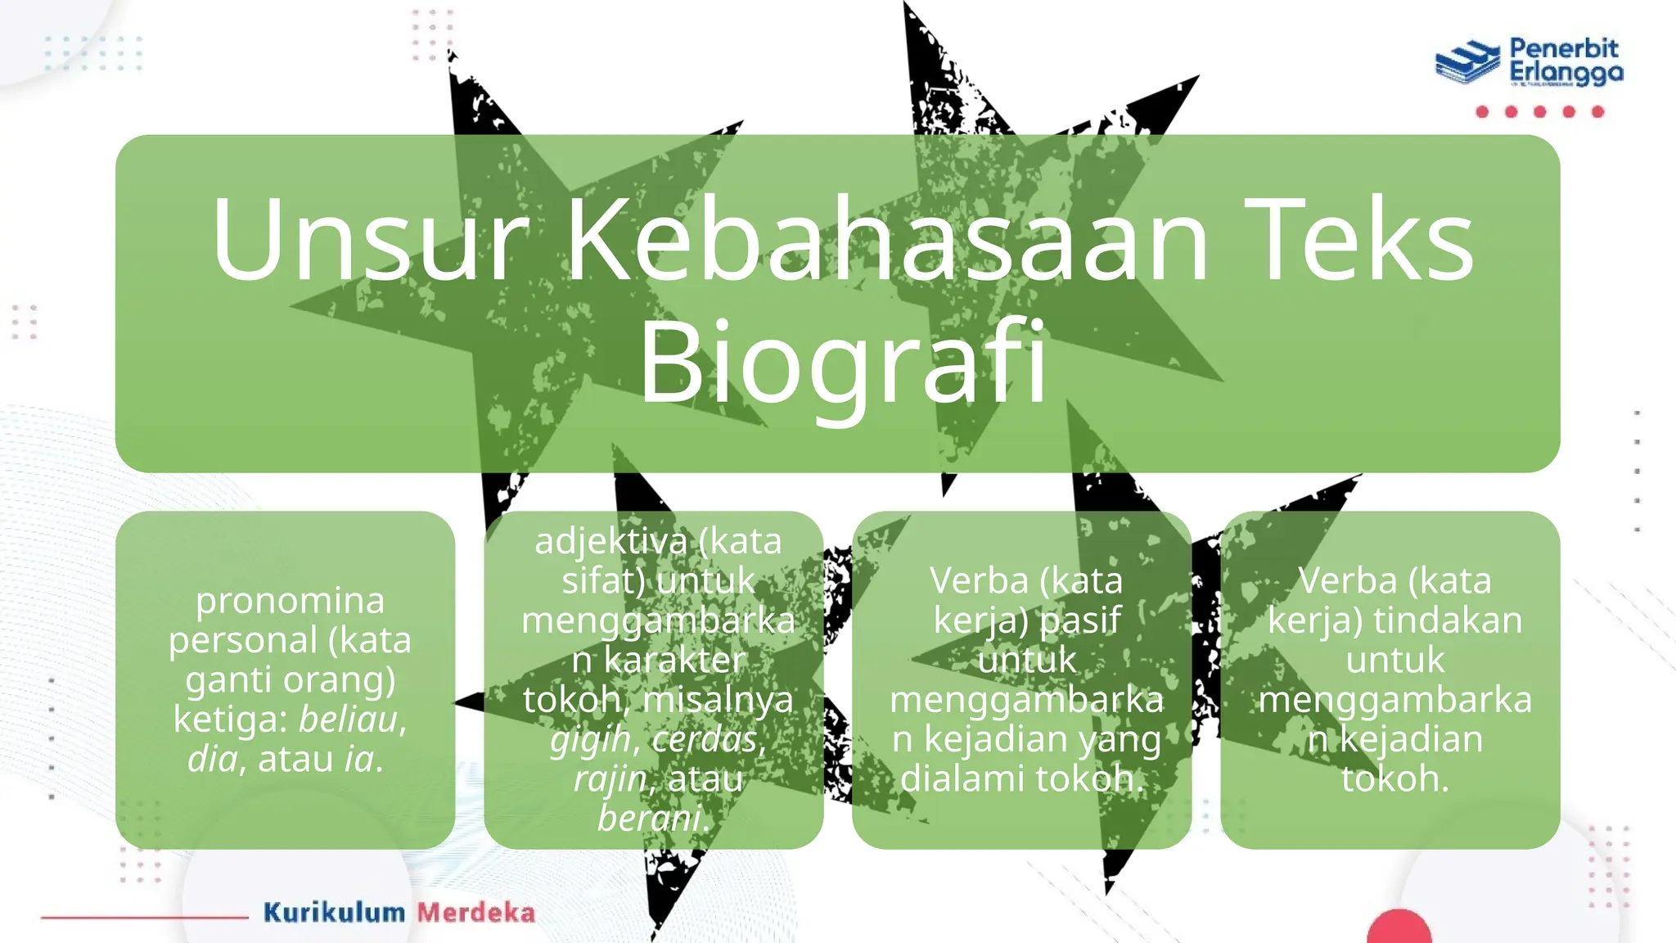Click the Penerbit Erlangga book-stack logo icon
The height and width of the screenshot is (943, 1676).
click(x=1467, y=61)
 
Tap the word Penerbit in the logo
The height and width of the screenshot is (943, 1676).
click(x=1564, y=48)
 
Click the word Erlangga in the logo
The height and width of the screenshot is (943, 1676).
click(x=1566, y=74)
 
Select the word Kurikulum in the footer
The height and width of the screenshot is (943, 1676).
click(x=334, y=913)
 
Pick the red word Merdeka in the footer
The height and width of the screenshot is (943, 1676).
click(x=476, y=913)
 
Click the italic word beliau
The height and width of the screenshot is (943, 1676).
click(x=348, y=720)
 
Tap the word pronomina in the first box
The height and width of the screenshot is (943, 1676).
click(x=290, y=601)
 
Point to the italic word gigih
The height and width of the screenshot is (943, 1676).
click(x=590, y=739)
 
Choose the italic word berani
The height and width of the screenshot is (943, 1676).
click(x=649, y=818)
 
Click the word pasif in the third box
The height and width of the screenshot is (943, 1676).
click(x=1079, y=620)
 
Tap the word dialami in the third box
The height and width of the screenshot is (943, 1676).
click(x=952, y=778)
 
